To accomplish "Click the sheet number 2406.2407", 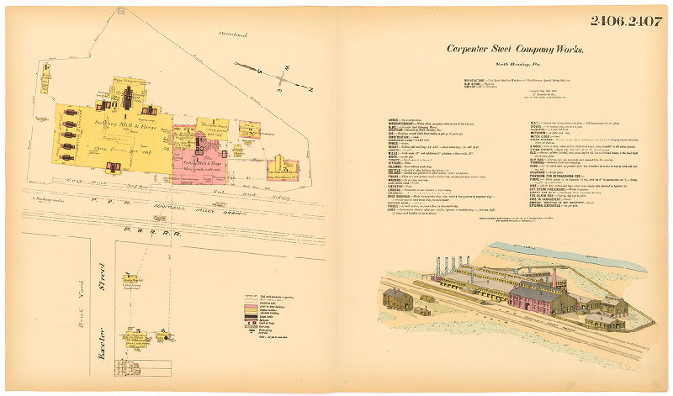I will [626, 21].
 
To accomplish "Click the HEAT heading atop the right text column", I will [520, 120].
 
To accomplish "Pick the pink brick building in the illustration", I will [539, 299].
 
